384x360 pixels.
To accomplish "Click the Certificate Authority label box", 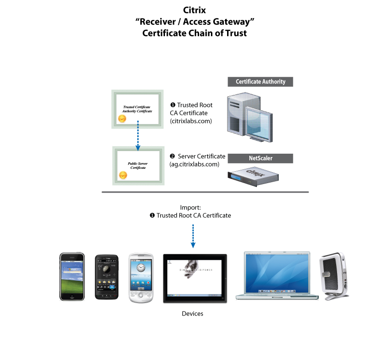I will (260, 82).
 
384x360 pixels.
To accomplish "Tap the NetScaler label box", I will (260, 158).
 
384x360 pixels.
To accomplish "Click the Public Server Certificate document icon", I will (138, 166).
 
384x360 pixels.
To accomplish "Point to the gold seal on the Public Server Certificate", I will (123, 175).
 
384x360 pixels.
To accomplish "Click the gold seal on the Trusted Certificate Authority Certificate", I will (122, 119).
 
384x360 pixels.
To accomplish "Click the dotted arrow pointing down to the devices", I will (193, 236).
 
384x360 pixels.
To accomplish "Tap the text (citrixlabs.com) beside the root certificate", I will (191, 121).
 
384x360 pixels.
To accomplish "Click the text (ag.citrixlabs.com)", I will (194, 164).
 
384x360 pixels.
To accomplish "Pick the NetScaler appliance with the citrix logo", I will (252, 176).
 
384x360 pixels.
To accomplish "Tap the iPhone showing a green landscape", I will (72, 277).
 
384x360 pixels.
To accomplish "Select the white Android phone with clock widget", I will (141, 278).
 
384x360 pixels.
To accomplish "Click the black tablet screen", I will (195, 278).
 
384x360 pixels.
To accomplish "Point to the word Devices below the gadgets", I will (192, 314).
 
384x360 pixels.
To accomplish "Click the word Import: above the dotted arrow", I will (190, 208).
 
